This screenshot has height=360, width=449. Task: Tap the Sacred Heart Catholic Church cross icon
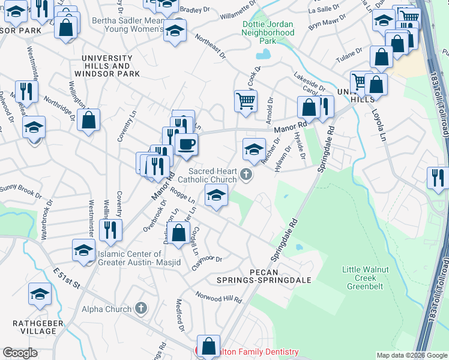pyautogui.click(x=246, y=175)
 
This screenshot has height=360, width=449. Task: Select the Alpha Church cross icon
pyautogui.click(x=141, y=309)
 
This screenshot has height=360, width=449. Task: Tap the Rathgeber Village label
pyautogui.click(x=35, y=327)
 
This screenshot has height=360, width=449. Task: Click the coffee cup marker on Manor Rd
pyautogui.click(x=187, y=145)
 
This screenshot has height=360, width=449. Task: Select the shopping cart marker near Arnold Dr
pyautogui.click(x=246, y=101)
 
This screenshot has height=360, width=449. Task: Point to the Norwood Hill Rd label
pyautogui.click(x=219, y=297)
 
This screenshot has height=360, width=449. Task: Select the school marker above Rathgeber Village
pyautogui.click(x=40, y=294)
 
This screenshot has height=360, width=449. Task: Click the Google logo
pyautogui.click(x=20, y=353)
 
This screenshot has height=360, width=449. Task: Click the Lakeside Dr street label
pyautogui.click(x=309, y=81)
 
